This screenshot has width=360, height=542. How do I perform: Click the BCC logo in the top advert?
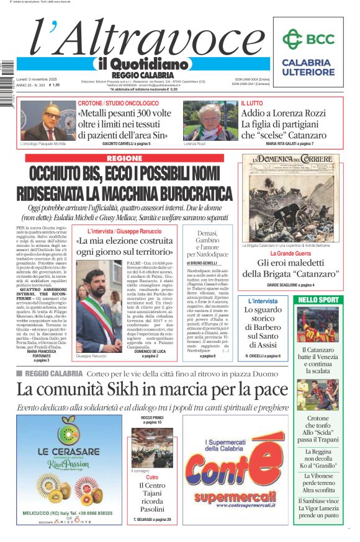pyautogui.click(x=308, y=39)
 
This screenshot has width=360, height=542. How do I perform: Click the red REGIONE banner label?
pyautogui.click(x=124, y=159)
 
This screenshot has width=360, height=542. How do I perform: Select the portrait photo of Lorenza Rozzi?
pyautogui.click(x=202, y=120)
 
